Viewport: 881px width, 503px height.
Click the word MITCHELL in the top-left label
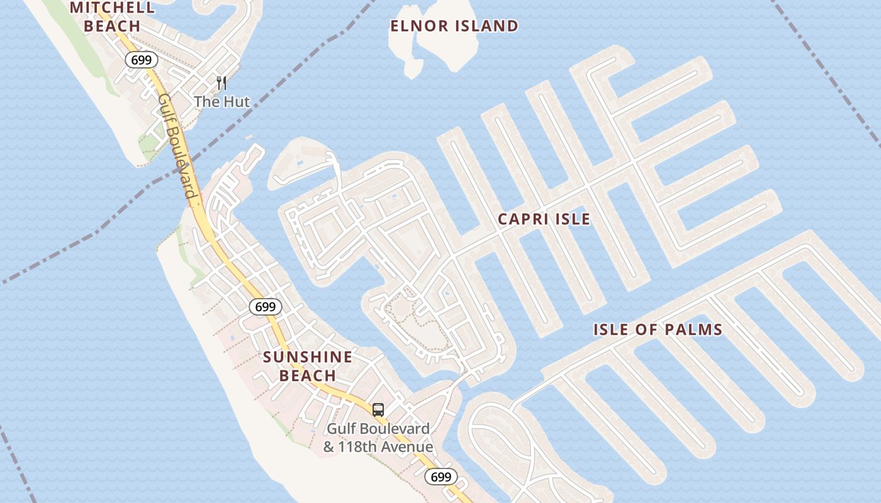[x=112, y=8]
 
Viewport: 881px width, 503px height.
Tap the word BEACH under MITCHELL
[x=112, y=26]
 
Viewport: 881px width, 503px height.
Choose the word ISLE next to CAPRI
[x=574, y=219]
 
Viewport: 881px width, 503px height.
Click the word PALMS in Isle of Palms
[x=695, y=329]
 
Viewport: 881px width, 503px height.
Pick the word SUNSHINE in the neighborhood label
[x=308, y=357]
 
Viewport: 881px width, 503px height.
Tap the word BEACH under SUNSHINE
[x=308, y=375]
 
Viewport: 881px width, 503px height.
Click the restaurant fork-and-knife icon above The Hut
[x=221, y=82]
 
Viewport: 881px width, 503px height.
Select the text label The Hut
[x=222, y=101]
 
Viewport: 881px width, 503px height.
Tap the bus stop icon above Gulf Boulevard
[x=378, y=410]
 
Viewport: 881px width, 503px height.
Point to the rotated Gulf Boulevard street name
[x=178, y=146]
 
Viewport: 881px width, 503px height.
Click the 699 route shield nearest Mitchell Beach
[x=141, y=60]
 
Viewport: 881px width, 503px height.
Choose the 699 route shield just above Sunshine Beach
[x=266, y=307]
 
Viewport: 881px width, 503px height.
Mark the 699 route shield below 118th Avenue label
[x=441, y=477]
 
